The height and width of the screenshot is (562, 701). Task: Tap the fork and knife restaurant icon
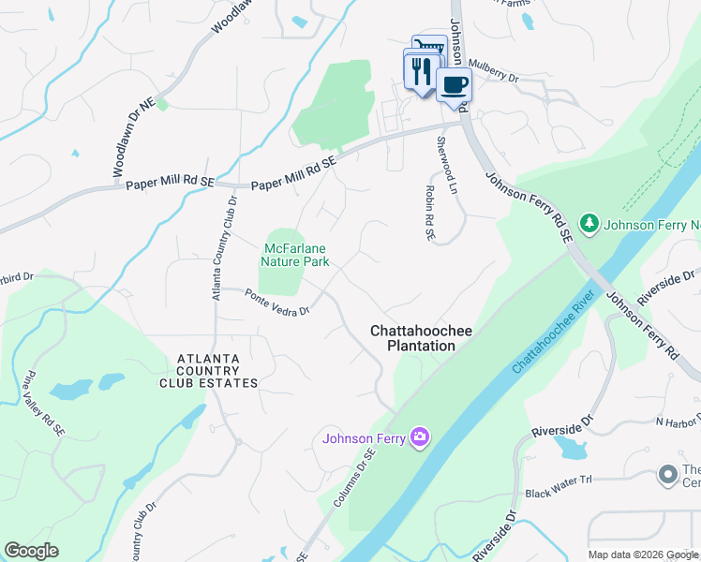pos(421,71)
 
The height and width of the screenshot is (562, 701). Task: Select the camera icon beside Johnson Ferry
pos(420,437)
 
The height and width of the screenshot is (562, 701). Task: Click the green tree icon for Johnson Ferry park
pos(589,224)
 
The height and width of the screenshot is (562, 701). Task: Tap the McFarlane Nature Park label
pos(295,255)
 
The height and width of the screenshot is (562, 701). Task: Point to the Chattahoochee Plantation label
pos(412,338)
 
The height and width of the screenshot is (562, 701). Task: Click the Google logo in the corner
pos(31,551)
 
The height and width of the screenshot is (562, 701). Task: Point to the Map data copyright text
pos(643,555)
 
